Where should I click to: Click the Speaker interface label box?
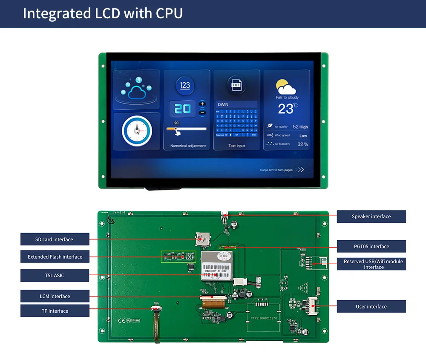coord(371,216)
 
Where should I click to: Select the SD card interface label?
coord(55,239)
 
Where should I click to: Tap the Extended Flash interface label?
coord(55,257)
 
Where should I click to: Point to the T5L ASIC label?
coord(55,276)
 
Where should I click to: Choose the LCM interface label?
coord(55,296)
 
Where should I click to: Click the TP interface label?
coord(55,311)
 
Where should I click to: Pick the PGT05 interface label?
coord(371,246)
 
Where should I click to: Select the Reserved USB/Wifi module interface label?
coord(371,264)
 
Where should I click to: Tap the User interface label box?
coord(371,307)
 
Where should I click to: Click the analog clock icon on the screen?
coord(137,131)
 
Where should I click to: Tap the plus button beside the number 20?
coord(202,104)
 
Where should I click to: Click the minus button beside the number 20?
coord(202,112)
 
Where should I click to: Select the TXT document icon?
coord(236,85)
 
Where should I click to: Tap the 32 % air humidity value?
coord(302,144)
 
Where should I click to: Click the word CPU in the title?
coord(169,14)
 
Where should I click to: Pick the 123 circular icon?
coord(185,85)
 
